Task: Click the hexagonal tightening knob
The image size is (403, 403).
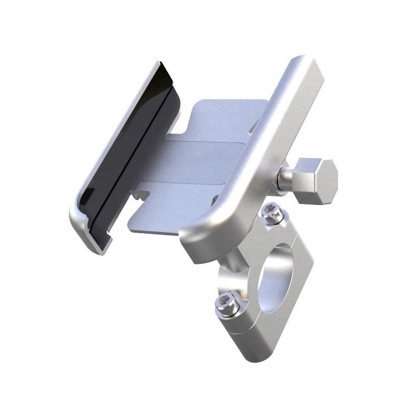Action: pos(316,180)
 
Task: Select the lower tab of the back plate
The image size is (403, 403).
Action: pos(166,207)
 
